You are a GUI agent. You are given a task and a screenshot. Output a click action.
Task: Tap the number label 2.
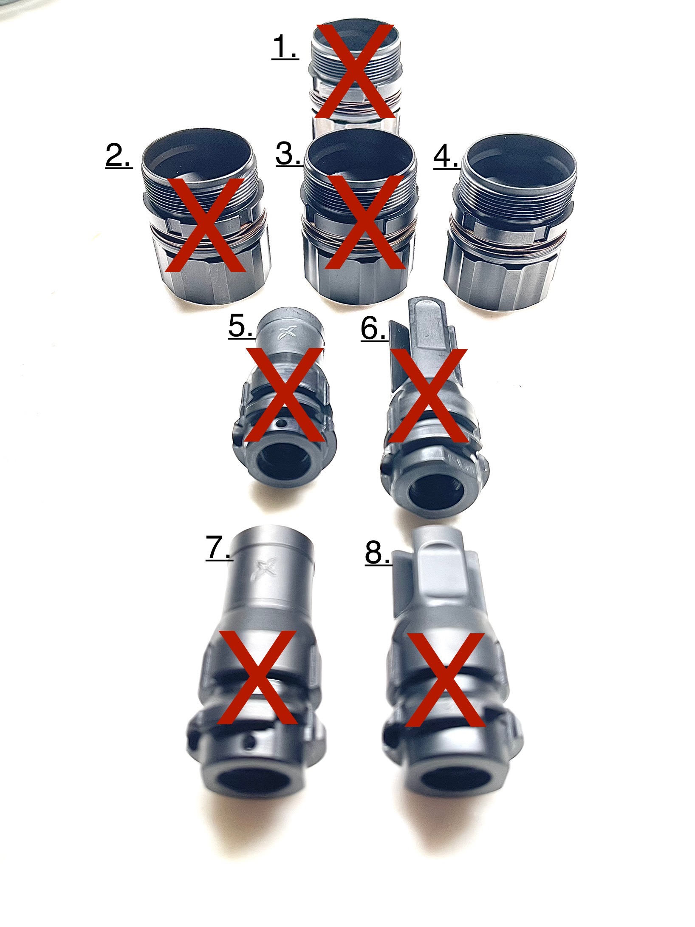coord(119,157)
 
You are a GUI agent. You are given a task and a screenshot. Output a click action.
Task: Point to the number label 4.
coord(446,157)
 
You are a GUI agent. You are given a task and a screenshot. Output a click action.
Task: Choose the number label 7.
coord(218,549)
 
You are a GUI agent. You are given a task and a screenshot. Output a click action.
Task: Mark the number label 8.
coord(378,553)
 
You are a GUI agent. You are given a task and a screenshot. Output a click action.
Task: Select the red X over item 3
coord(364,222)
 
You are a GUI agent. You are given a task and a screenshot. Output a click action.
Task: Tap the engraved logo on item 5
coord(285,333)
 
